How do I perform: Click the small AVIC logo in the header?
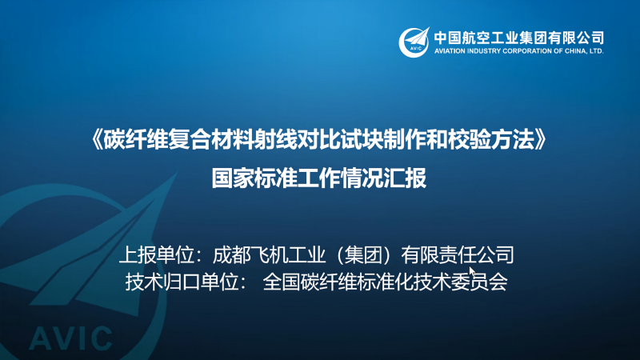point(414,42)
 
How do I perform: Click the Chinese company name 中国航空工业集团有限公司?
point(518,38)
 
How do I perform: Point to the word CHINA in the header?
point(575,51)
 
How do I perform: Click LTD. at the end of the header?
point(596,51)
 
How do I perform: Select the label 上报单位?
point(156,255)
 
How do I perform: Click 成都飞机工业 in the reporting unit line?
point(270,255)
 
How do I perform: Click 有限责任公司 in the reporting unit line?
point(458,255)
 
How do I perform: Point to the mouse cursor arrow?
point(472,272)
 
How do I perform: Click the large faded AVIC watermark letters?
point(70,338)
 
